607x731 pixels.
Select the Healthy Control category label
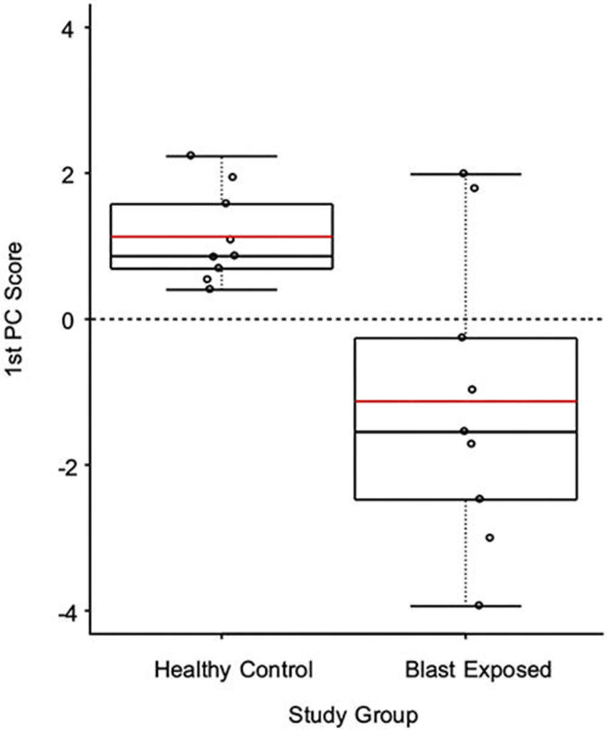click(234, 670)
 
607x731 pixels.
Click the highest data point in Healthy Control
click(191, 155)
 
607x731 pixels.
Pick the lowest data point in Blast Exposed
click(478, 605)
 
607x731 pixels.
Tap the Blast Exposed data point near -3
click(489, 537)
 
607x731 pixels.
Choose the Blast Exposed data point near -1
click(472, 389)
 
